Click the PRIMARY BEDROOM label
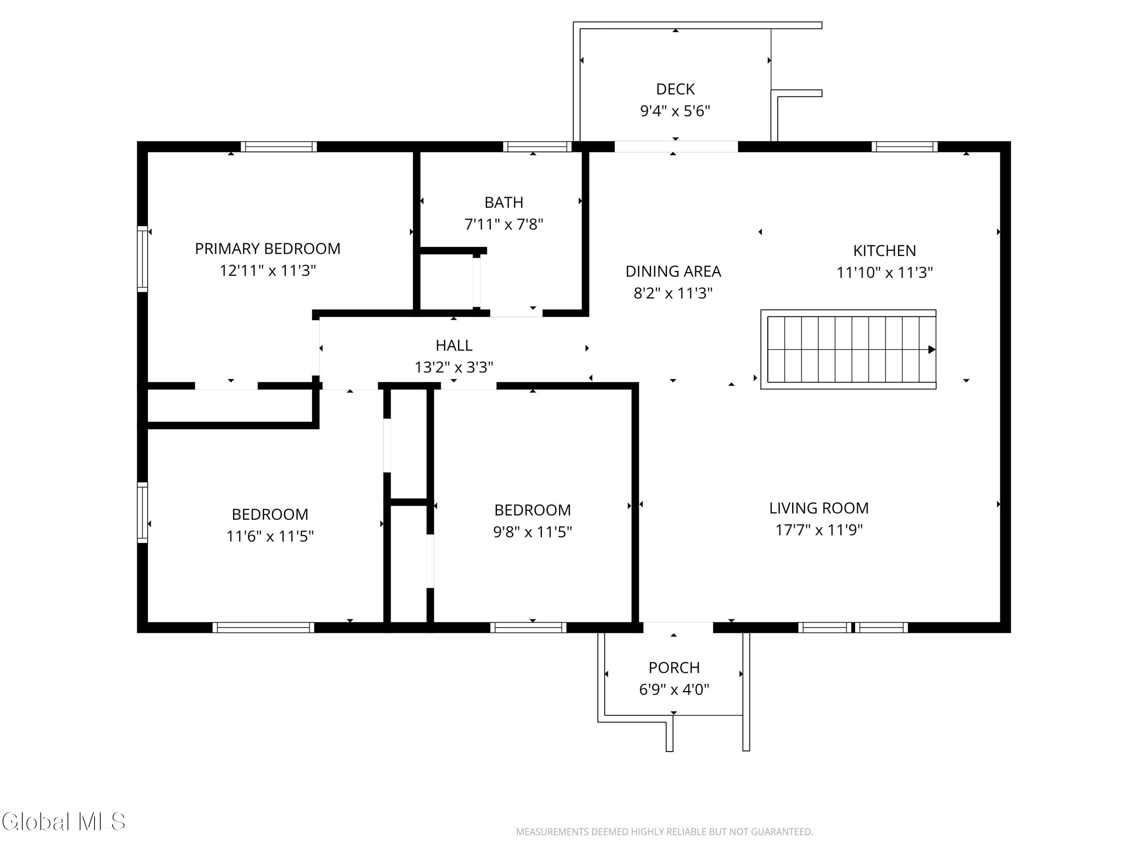click(x=268, y=249)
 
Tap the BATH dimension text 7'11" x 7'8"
click(x=504, y=224)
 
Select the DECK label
click(x=675, y=89)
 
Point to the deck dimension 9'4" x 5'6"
click(x=675, y=111)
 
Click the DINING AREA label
click(x=673, y=271)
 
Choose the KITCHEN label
click(x=884, y=251)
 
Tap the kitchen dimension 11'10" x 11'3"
click(x=884, y=272)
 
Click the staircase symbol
click(x=848, y=349)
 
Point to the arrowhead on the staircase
click(x=931, y=349)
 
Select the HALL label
click(x=453, y=345)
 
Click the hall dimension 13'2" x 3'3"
click(x=453, y=367)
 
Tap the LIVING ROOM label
click(x=819, y=508)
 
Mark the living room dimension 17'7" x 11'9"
click(x=819, y=530)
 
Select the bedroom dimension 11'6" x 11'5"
click(x=270, y=536)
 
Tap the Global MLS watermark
click(x=63, y=822)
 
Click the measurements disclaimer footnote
click(x=664, y=832)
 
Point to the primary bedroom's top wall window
click(x=278, y=147)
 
